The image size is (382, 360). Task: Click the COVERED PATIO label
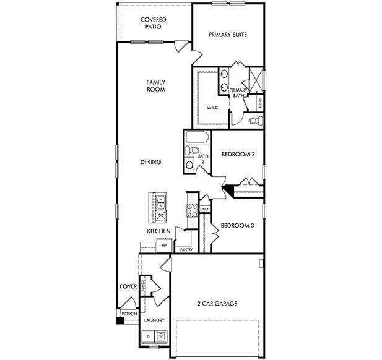click(x=152, y=24)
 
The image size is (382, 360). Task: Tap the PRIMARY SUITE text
click(x=228, y=35)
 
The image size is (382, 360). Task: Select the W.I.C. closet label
click(x=213, y=108)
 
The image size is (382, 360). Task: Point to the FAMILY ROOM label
click(x=155, y=85)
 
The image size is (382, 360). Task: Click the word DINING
click(x=150, y=162)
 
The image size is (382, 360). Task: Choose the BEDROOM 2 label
click(x=238, y=154)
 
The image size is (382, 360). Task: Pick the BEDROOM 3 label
click(x=237, y=225)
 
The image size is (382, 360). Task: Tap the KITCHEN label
click(x=158, y=231)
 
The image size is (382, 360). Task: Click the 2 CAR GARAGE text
click(x=217, y=303)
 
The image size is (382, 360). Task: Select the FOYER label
click(x=128, y=286)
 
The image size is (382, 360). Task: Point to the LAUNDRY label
click(x=154, y=320)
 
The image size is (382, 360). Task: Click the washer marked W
click(x=161, y=336)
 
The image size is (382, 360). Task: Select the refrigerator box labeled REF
click(x=164, y=245)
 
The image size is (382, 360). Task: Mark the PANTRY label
click(x=186, y=250)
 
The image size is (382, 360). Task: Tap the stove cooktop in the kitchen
click(x=191, y=210)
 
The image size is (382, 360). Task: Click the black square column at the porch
click(x=119, y=320)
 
